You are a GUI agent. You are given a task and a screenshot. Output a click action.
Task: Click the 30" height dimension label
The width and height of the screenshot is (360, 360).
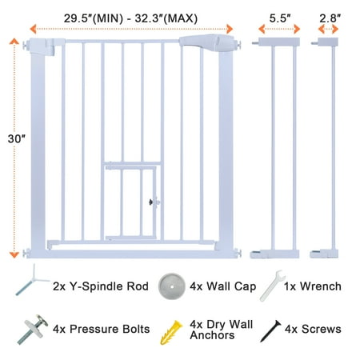pyautogui.click(x=16, y=138)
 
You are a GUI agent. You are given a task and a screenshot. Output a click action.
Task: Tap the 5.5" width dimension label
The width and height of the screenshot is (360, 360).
pyautogui.click(x=280, y=18)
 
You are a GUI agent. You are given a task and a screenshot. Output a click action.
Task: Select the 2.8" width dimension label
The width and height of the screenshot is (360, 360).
pyautogui.click(x=330, y=18)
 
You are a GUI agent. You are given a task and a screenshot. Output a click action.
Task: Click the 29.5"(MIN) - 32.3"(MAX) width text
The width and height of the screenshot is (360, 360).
pyautogui.click(x=130, y=18)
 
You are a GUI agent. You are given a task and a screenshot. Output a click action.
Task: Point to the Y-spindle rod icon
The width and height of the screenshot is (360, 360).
pyautogui.click(x=31, y=280)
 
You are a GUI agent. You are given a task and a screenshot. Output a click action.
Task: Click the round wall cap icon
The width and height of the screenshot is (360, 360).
pyautogui.click(x=172, y=286)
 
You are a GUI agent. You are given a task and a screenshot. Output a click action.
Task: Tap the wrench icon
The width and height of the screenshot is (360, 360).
pyautogui.click(x=273, y=286)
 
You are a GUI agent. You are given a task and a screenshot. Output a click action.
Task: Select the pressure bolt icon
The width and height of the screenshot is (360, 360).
pyautogui.click(x=33, y=330)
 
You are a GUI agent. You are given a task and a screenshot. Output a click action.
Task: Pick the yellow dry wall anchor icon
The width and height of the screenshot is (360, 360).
pyautogui.click(x=171, y=332)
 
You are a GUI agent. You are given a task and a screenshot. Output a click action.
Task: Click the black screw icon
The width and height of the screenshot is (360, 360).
pyautogui.click(x=270, y=331)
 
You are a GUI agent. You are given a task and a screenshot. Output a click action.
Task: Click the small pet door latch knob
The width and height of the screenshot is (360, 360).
pyautogui.click(x=151, y=202)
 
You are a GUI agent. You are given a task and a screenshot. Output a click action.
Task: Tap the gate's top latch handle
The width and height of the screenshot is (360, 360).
pyautogui.click(x=206, y=42)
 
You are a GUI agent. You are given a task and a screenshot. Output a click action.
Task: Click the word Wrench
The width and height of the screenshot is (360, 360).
pyautogui.click(x=321, y=286)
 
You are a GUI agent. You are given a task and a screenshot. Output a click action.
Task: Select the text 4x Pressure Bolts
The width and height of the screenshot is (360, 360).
pyautogui.click(x=101, y=329)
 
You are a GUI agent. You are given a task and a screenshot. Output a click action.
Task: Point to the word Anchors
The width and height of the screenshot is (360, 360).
pyautogui.click(x=212, y=335)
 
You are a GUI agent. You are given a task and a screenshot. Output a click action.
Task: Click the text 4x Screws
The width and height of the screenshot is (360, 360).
pyautogui.click(x=313, y=329)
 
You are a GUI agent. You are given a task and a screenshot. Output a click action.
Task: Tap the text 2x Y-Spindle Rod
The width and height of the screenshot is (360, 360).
pyautogui.click(x=101, y=286)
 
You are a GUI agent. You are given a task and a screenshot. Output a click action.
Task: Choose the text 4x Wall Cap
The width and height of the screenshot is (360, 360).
pyautogui.click(x=223, y=286)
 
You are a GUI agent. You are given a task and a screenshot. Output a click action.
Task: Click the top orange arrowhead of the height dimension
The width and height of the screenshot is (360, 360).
pyautogui.click(x=14, y=41)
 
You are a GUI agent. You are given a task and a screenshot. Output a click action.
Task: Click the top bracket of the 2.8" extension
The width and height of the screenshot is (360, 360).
pyautogui.click(x=326, y=42)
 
